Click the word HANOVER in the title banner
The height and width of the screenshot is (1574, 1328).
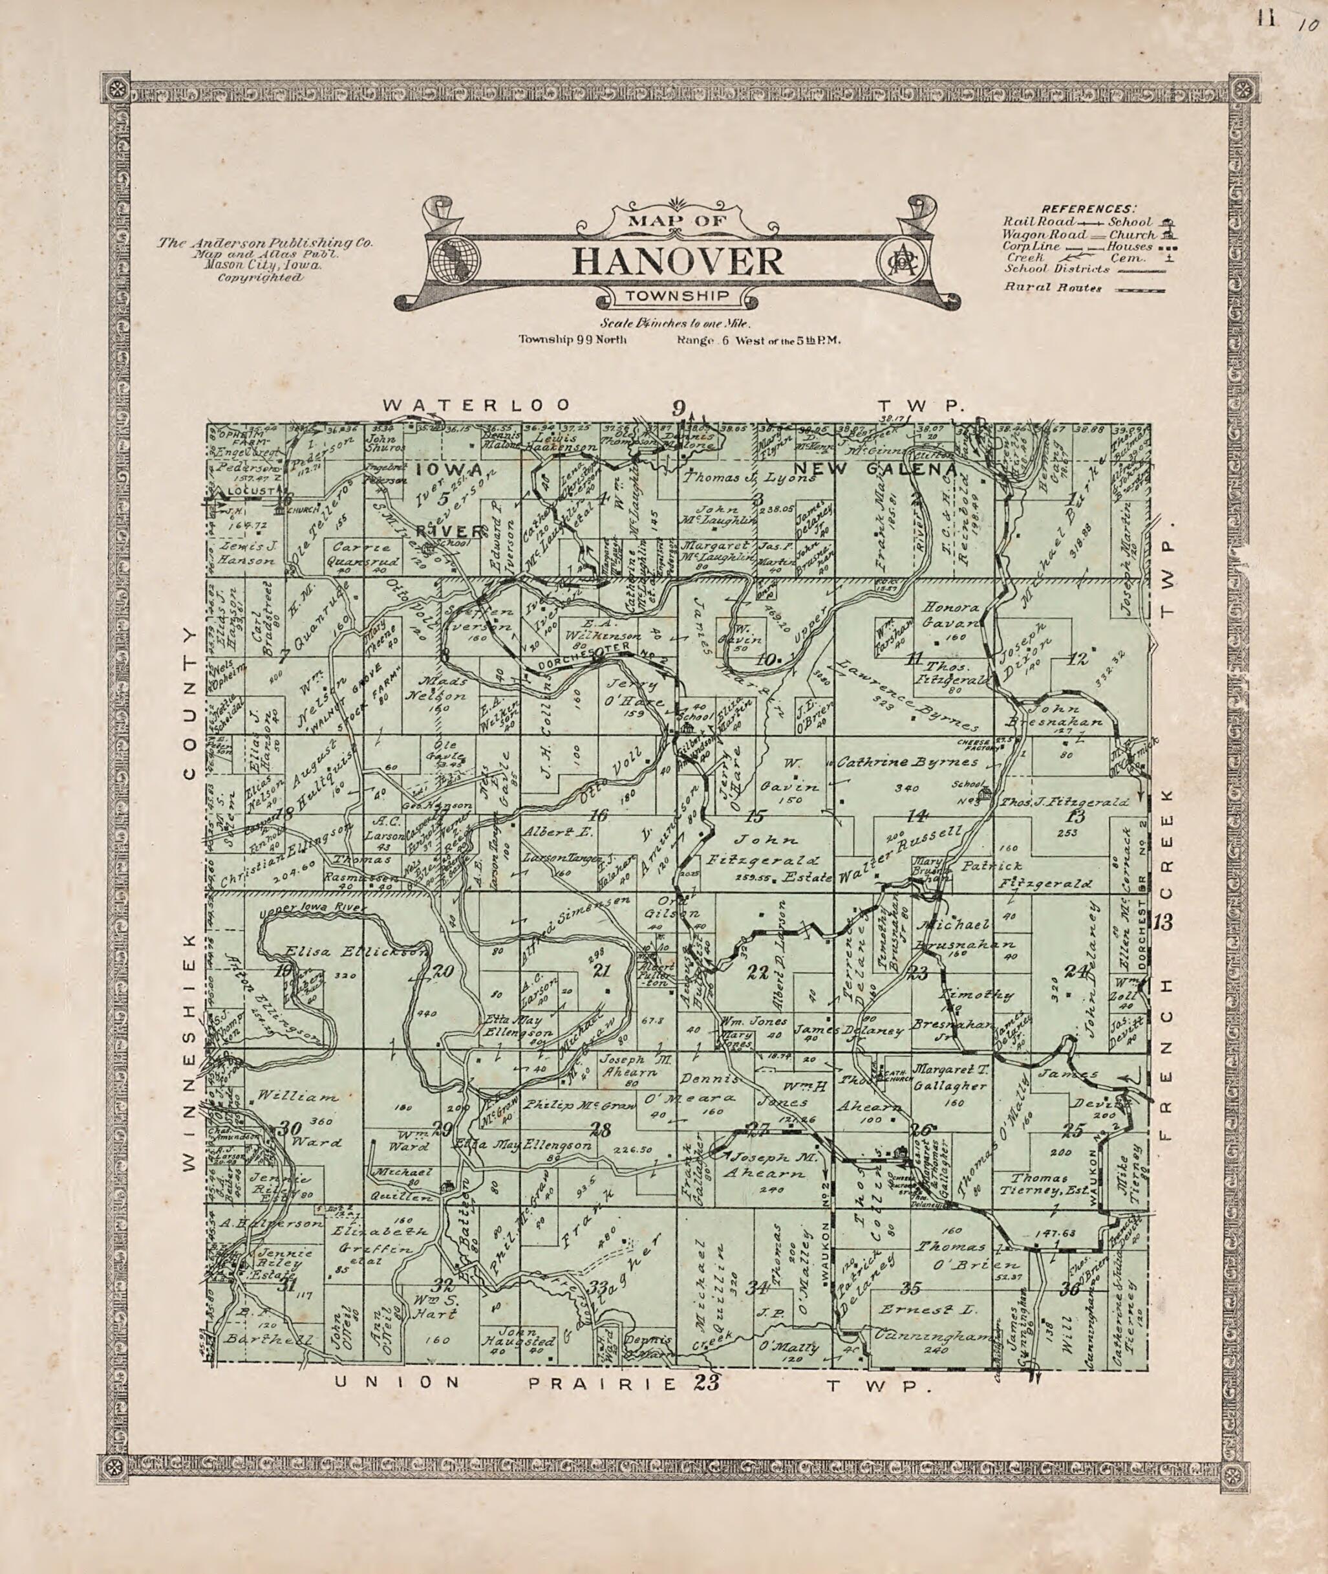pyautogui.click(x=678, y=261)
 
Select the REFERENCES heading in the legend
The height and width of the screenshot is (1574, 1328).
pyautogui.click(x=1089, y=208)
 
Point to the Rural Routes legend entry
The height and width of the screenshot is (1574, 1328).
pyautogui.click(x=1042, y=287)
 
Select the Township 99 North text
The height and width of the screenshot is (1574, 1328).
pyautogui.click(x=572, y=339)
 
